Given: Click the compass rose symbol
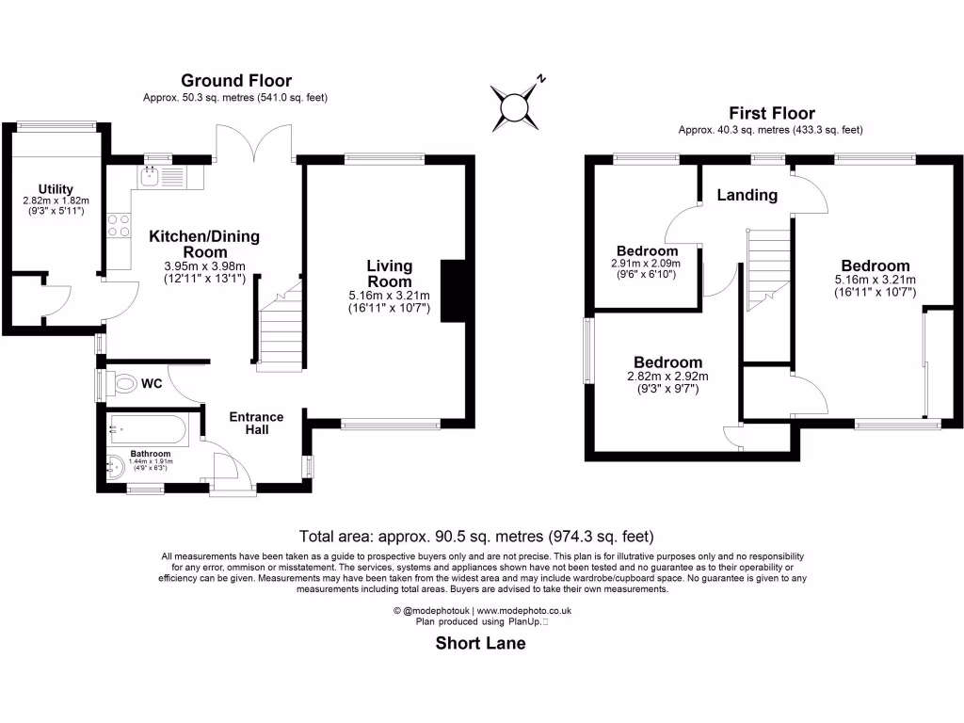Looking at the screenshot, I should point(515,105).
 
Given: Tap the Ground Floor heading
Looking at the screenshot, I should point(236,81).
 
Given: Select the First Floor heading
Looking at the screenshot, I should point(771,113).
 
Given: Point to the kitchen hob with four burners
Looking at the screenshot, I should point(120,225).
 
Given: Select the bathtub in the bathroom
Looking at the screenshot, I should point(149,429).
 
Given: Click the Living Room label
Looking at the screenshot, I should point(389,274).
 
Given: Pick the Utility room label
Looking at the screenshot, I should point(56,189).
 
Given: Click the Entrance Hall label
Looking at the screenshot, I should point(257,423).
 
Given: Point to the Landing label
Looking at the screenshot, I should point(747,195).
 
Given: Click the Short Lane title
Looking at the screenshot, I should point(480,644).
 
